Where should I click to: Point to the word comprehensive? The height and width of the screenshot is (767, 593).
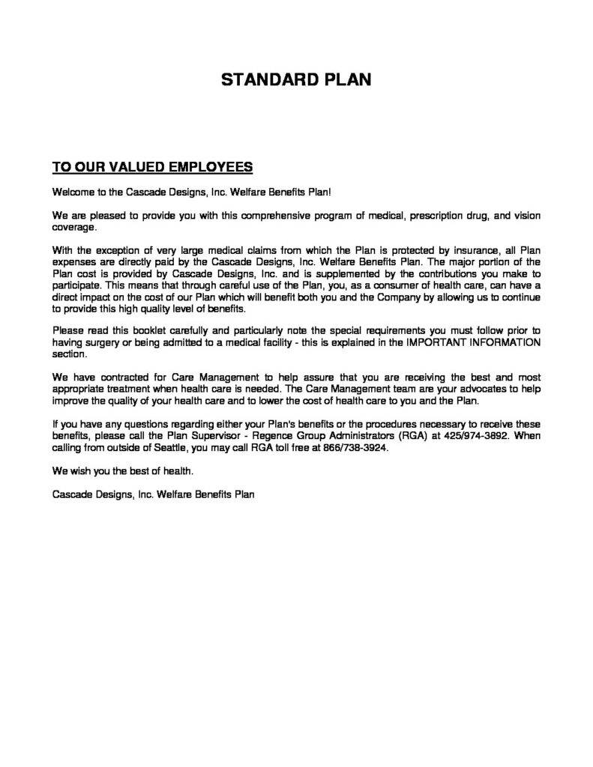click(x=286, y=216)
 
